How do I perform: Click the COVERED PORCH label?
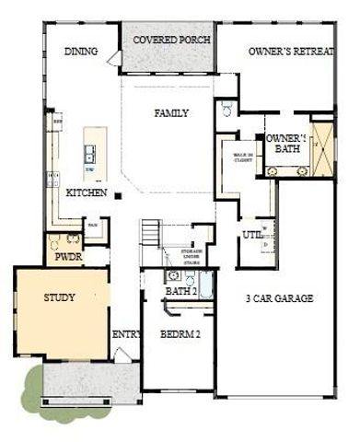pos(171,41)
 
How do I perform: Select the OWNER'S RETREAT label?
pos(289,52)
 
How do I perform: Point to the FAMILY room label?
pos(170,113)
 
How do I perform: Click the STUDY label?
pos(59,297)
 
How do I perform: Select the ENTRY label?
pos(124,334)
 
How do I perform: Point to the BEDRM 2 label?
pos(180,334)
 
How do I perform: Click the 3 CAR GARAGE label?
pos(280,298)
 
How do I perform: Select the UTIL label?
pos(251,236)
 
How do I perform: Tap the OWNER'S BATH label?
pos(286,143)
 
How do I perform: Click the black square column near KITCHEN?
pos(119,193)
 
